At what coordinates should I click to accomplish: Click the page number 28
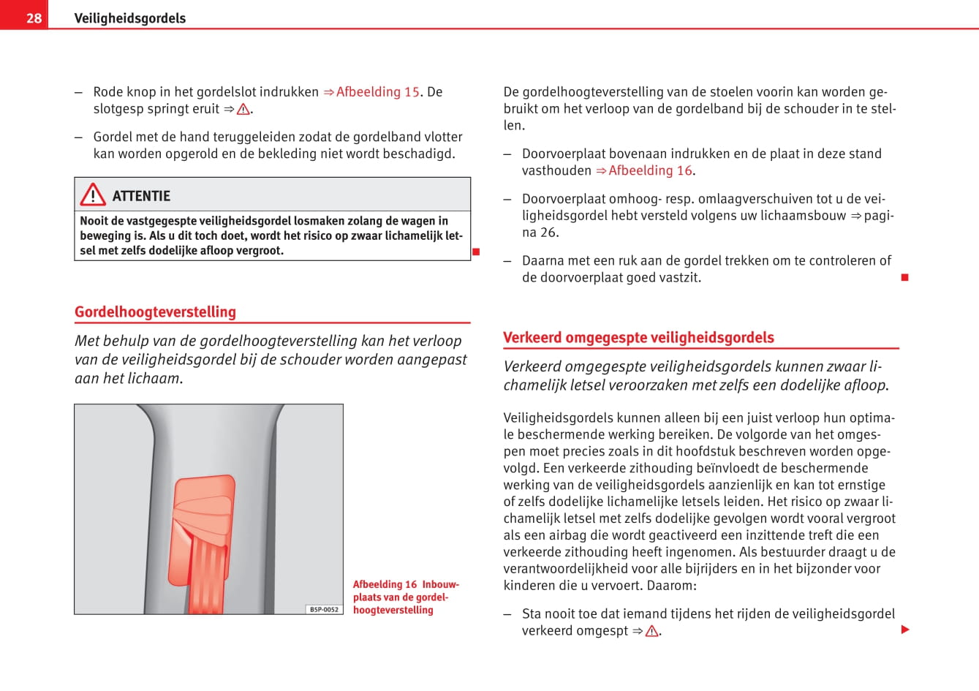pyautogui.click(x=34, y=18)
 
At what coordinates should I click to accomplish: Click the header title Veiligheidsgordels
pyautogui.click(x=129, y=18)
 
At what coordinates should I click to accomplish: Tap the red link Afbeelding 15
pyautogui.click(x=377, y=92)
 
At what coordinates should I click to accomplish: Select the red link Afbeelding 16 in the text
pyautogui.click(x=650, y=171)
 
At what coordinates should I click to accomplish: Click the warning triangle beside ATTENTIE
pyautogui.click(x=93, y=195)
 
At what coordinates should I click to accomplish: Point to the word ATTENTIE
pyautogui.click(x=141, y=196)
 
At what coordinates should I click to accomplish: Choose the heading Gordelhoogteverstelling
pyautogui.click(x=155, y=312)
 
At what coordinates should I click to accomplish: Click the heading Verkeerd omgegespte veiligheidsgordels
pyautogui.click(x=638, y=338)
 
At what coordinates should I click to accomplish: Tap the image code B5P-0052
pyautogui.click(x=324, y=609)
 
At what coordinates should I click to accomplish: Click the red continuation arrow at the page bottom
pyautogui.click(x=905, y=630)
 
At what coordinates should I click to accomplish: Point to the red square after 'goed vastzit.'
pyautogui.click(x=904, y=277)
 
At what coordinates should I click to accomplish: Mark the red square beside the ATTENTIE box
pyautogui.click(x=476, y=252)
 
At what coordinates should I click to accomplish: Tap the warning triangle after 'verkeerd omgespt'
pyautogui.click(x=651, y=631)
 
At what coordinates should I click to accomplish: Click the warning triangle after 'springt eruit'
pyautogui.click(x=243, y=110)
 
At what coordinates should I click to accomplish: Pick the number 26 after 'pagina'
pyautogui.click(x=548, y=233)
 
